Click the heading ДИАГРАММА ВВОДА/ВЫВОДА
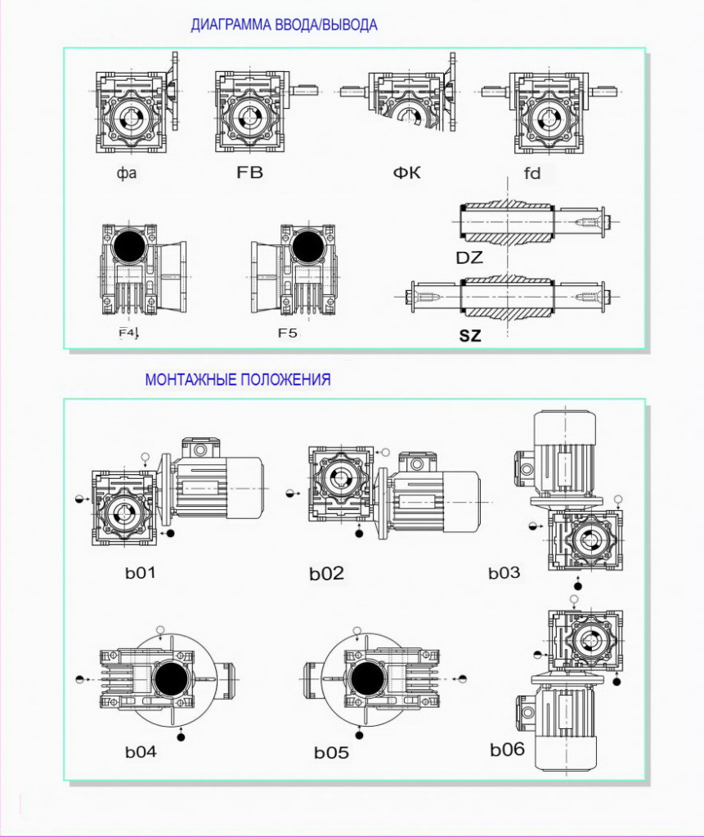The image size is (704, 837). pyautogui.click(x=284, y=25)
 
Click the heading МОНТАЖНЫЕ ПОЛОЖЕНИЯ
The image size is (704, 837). pyautogui.click(x=238, y=379)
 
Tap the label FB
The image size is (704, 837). pyautogui.click(x=249, y=173)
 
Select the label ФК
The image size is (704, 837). pyautogui.click(x=406, y=173)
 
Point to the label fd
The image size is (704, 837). pyautogui.click(x=532, y=173)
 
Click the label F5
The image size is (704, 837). pyautogui.click(x=289, y=333)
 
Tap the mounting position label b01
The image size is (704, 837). pyautogui.click(x=140, y=572)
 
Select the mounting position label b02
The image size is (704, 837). pyautogui.click(x=326, y=574)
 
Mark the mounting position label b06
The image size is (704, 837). pyautogui.click(x=507, y=749)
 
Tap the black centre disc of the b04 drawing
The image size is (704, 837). pyautogui.click(x=170, y=678)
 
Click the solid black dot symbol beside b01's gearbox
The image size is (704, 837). pyautogui.click(x=170, y=533)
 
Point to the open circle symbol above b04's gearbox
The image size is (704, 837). pyautogui.click(x=161, y=630)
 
